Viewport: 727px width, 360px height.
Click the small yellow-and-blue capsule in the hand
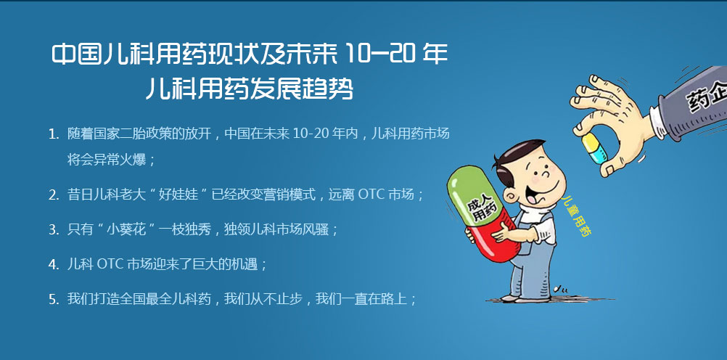click(594, 148)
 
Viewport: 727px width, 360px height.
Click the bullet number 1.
click(53, 135)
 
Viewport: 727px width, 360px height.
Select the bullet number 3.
click(53, 229)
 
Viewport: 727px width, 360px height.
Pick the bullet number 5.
click(53, 299)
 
